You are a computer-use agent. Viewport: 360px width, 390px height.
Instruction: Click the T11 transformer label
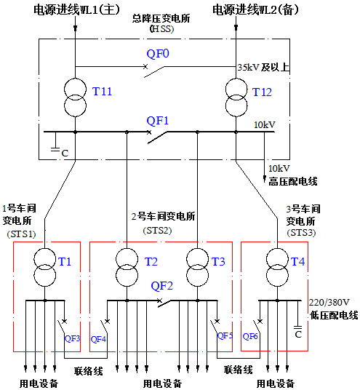pyautogui.click(x=103, y=91)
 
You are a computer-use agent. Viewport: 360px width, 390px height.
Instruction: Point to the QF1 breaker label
pyautogui.click(x=158, y=120)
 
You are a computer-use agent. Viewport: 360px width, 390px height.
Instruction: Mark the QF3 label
pyautogui.click(x=72, y=338)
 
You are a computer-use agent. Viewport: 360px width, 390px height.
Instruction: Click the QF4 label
pyautogui.click(x=98, y=338)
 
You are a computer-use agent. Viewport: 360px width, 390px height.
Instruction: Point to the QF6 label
pyautogui.click(x=250, y=336)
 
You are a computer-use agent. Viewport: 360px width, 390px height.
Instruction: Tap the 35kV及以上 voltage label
pyautogui.click(x=264, y=68)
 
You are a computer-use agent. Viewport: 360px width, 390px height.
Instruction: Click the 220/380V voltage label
pyautogui.click(x=329, y=303)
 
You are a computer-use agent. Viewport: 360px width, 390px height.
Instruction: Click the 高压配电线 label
pyautogui.click(x=292, y=180)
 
